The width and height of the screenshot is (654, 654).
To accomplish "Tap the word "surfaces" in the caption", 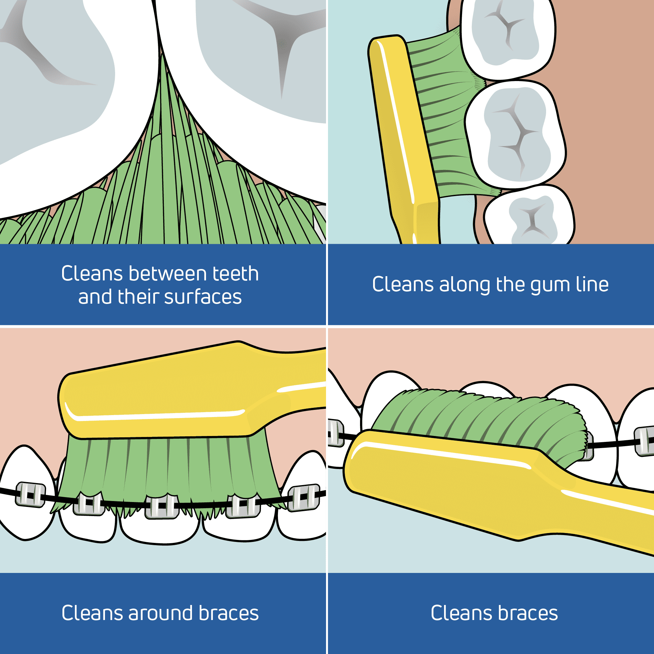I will click(x=203, y=297).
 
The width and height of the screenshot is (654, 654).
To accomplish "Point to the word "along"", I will click(x=465, y=284).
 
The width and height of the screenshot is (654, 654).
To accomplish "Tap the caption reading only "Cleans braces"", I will click(x=494, y=613).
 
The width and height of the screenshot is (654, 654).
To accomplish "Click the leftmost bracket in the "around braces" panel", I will click(x=30, y=495).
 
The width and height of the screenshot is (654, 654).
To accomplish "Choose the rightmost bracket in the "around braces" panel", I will click(x=303, y=497).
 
